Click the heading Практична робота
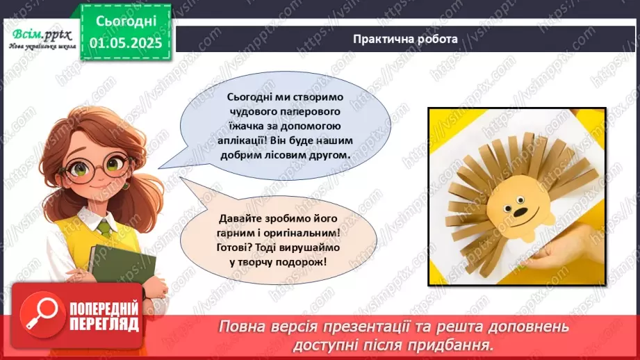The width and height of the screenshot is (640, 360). [404, 39]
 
